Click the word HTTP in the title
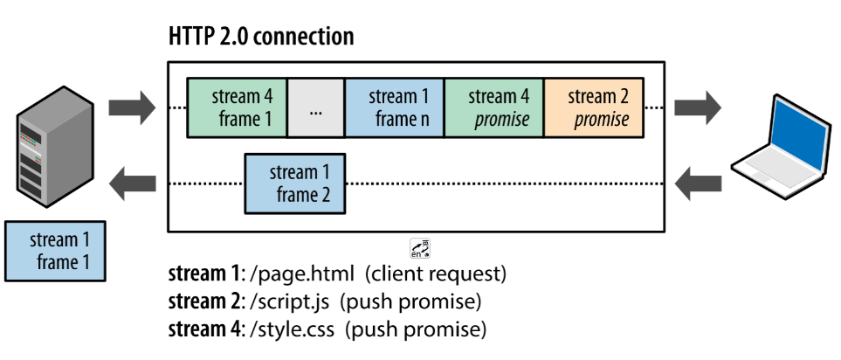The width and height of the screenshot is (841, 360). [189, 37]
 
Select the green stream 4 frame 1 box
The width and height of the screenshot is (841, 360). [237, 108]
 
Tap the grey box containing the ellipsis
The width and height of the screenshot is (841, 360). [315, 108]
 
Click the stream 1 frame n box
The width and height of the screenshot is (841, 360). [395, 108]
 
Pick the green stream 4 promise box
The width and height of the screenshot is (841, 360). [494, 108]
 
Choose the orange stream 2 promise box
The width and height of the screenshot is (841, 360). [594, 108]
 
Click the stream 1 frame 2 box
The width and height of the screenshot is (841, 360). [294, 183]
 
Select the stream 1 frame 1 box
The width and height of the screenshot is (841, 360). [54, 250]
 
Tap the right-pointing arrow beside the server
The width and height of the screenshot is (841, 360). [130, 107]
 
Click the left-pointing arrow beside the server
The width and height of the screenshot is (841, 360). [130, 183]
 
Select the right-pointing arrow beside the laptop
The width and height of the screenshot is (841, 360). [700, 107]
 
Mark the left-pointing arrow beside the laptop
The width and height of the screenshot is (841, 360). [700, 183]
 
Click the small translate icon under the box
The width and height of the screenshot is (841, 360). [420, 247]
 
